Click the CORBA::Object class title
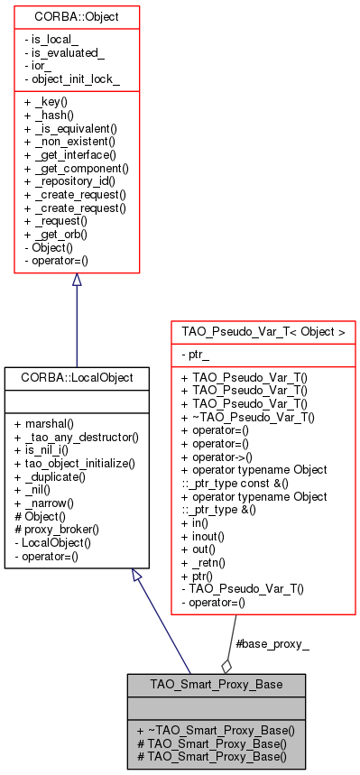tap(77, 16)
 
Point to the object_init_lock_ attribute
tap(76, 80)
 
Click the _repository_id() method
tap(75, 181)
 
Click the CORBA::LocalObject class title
tap(69, 377)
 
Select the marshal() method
tap(51, 424)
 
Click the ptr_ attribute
tap(199, 356)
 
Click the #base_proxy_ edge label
tap(272, 645)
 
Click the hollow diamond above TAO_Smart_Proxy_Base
tap(226, 666)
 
